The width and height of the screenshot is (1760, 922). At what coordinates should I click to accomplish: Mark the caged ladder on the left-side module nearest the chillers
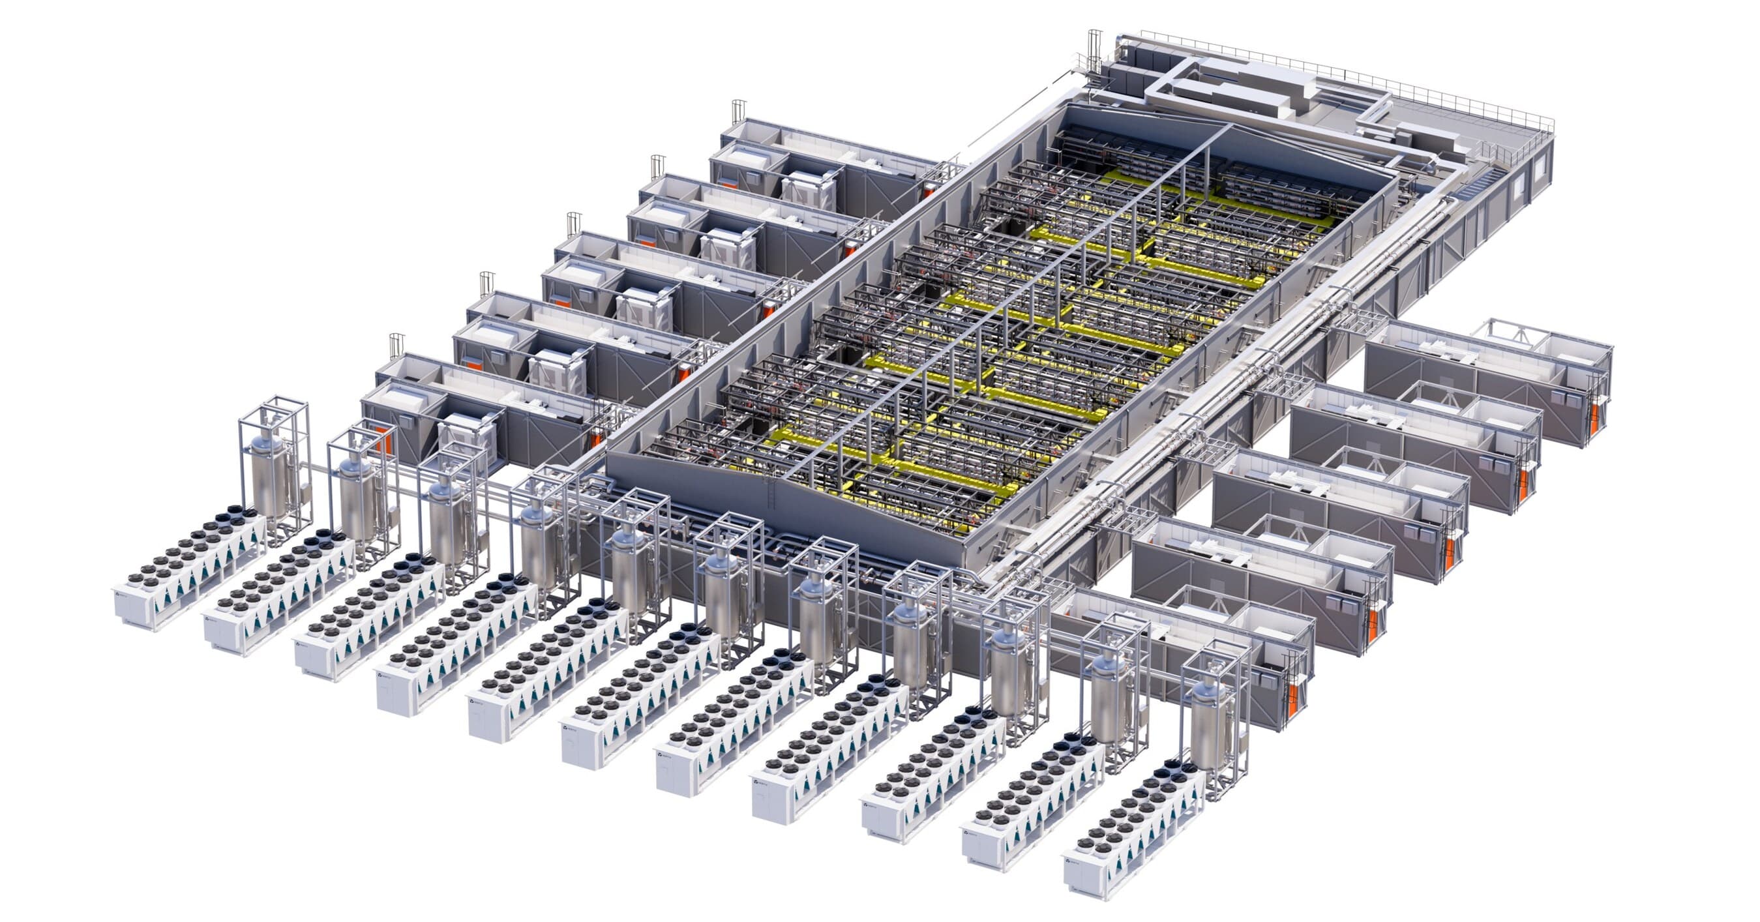(x=396, y=344)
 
